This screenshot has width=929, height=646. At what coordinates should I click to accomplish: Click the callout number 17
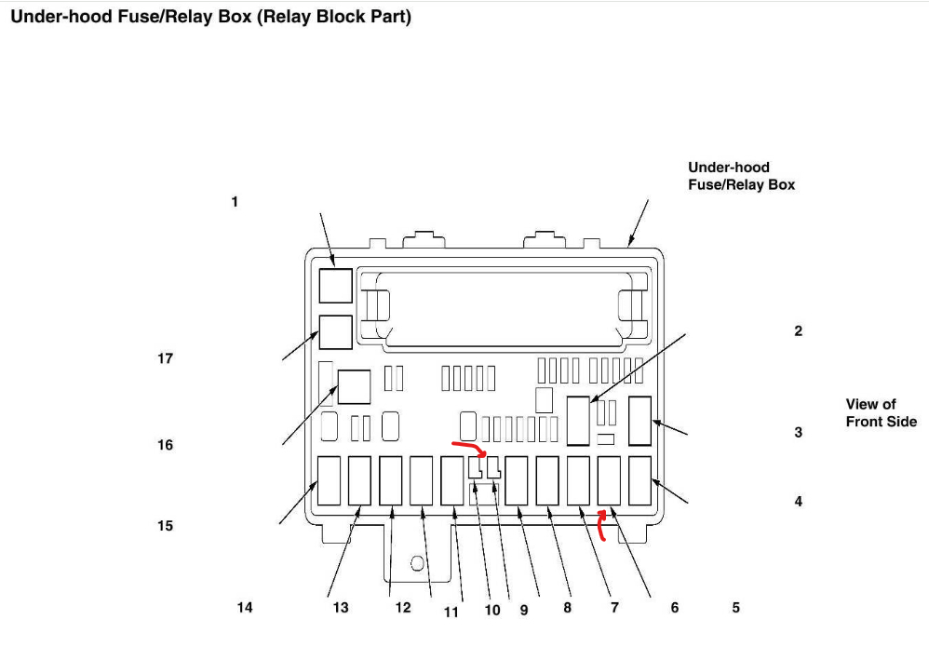tap(165, 358)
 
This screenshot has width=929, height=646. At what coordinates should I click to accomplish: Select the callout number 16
tap(165, 445)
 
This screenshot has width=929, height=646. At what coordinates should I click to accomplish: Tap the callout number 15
tap(165, 526)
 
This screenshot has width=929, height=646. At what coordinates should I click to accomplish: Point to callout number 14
tap(245, 608)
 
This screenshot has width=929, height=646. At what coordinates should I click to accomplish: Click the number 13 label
tap(341, 608)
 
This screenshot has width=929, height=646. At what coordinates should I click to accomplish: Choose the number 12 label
tap(402, 608)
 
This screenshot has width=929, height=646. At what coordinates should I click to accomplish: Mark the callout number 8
tap(567, 608)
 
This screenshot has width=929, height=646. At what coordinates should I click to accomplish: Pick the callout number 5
tap(735, 608)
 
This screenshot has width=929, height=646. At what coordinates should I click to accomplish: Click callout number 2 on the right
tap(798, 330)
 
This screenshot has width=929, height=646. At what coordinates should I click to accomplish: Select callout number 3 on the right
tap(798, 433)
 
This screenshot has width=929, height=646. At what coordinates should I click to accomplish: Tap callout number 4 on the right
tap(798, 502)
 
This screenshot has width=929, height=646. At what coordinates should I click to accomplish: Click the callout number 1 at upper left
tap(235, 201)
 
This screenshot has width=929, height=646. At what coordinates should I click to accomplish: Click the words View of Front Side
tap(881, 412)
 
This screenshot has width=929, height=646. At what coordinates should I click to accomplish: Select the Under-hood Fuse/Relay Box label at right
tap(741, 176)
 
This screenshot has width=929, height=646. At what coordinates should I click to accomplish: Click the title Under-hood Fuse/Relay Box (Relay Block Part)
tap(210, 17)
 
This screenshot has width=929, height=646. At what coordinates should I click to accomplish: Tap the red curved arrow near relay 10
tap(469, 449)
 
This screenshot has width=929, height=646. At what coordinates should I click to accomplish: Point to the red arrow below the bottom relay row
tap(600, 525)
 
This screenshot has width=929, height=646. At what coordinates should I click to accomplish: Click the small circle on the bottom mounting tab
tap(417, 561)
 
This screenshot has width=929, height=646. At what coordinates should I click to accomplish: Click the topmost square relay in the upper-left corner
tap(335, 285)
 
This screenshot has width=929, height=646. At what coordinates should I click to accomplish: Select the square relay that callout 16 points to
tap(354, 386)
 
